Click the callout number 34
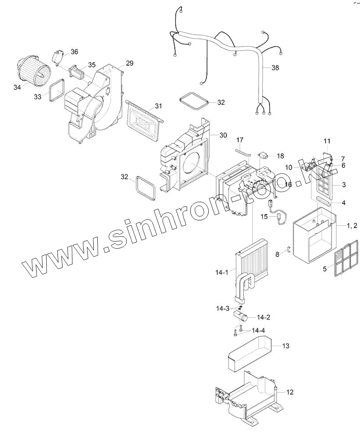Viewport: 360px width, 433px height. tap(17, 87)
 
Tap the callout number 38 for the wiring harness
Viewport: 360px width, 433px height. tap(275, 68)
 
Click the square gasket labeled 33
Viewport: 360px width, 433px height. tap(57, 91)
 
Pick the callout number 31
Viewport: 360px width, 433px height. tap(158, 106)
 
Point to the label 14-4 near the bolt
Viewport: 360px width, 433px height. tap(258, 330)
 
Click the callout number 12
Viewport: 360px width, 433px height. tap(290, 392)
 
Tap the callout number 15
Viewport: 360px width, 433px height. tap(264, 217)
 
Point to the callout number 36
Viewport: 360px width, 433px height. tap(74, 52)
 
